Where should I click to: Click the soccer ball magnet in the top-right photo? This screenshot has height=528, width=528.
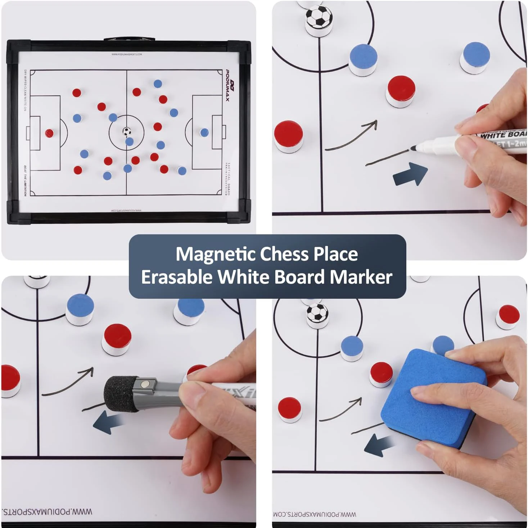319,17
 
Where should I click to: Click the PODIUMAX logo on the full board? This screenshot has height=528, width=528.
227,86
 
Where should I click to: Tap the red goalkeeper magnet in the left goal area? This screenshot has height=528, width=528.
49,134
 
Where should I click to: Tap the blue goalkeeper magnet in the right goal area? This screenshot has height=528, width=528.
204,132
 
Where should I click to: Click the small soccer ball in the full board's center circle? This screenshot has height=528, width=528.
126,131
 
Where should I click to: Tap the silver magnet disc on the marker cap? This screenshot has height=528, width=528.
145,384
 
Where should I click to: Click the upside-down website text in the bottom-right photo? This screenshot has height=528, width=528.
315,514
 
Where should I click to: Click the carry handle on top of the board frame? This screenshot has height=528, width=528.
129,39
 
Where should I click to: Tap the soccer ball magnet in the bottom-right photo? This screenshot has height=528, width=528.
317,313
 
